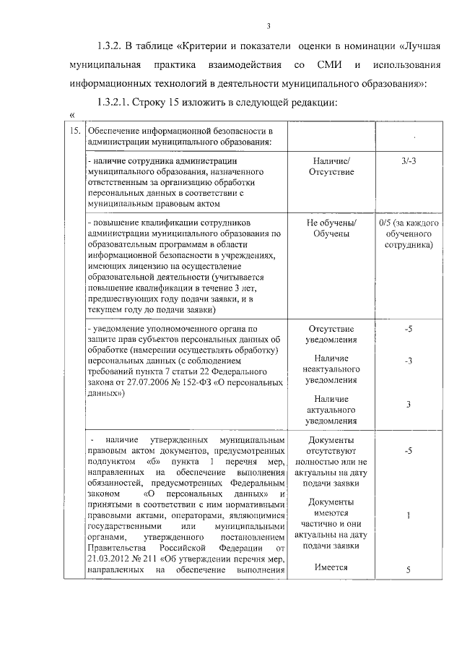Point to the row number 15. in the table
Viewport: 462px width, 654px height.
pyautogui.click(x=73, y=131)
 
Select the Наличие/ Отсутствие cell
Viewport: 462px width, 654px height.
pyautogui.click(x=331, y=167)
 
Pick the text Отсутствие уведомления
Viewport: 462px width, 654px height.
pyautogui.click(x=331, y=334)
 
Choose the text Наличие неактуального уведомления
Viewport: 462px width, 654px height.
pyautogui.click(x=331, y=369)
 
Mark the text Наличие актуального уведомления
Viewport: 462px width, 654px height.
pyautogui.click(x=331, y=410)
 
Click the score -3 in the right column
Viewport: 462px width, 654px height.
pyautogui.click(x=409, y=360)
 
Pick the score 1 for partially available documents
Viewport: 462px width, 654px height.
pyautogui.click(x=409, y=516)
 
